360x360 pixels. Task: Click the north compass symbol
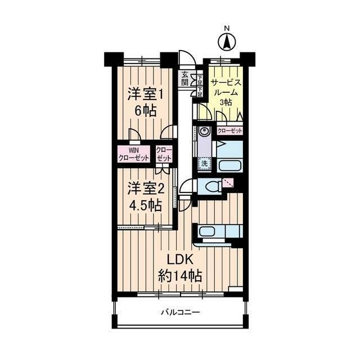(x=227, y=42)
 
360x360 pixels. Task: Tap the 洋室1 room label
(x=145, y=94)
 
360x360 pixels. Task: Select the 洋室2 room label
(x=146, y=188)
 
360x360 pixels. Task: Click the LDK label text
(x=180, y=260)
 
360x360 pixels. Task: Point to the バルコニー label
(x=180, y=313)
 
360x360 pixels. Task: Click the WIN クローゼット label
(x=133, y=154)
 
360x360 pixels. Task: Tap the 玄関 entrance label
(x=184, y=78)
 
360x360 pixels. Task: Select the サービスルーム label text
(x=226, y=87)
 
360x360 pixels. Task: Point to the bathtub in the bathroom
(x=230, y=166)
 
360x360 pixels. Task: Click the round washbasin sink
(x=204, y=132)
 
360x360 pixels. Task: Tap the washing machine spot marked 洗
(x=204, y=164)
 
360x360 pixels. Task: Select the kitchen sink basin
(x=207, y=231)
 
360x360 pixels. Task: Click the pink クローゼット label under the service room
(x=230, y=131)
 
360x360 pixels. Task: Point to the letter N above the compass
(x=227, y=29)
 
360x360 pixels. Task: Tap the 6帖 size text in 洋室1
(x=146, y=111)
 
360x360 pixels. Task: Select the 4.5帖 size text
(x=146, y=205)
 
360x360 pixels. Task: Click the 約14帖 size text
(x=180, y=276)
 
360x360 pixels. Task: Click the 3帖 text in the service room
(x=226, y=102)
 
